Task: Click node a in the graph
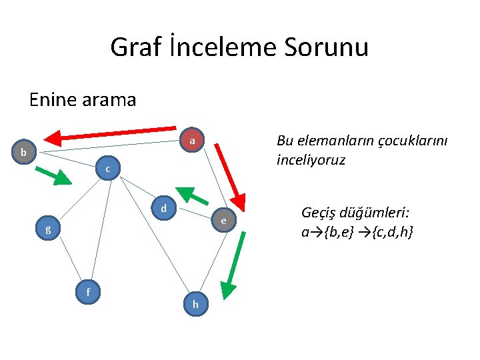[x=192, y=141]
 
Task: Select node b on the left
[x=23, y=153]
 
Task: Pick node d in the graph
[x=163, y=209]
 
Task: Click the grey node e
[x=224, y=221]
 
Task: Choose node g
[x=47, y=229]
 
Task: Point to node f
[x=88, y=291]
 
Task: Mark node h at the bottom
[x=195, y=304]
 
